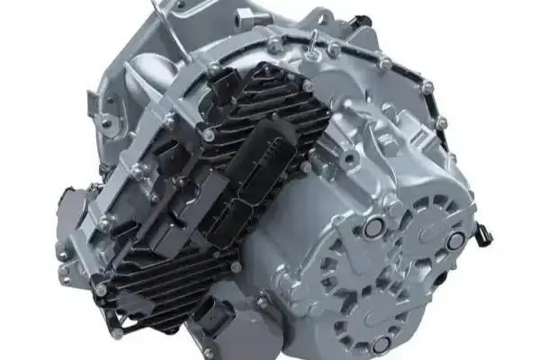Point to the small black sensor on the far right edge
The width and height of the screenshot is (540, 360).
(x=486, y=237)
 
